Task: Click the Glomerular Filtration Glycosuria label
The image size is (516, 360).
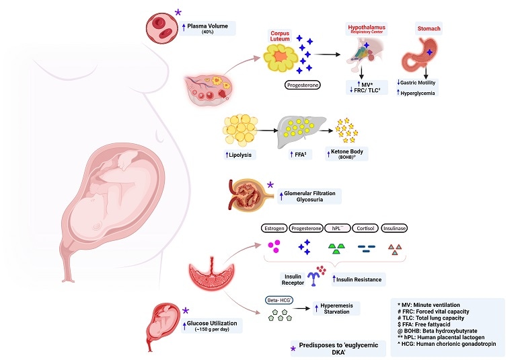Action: coord(308,196)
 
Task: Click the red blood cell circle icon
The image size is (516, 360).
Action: coord(161,27)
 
